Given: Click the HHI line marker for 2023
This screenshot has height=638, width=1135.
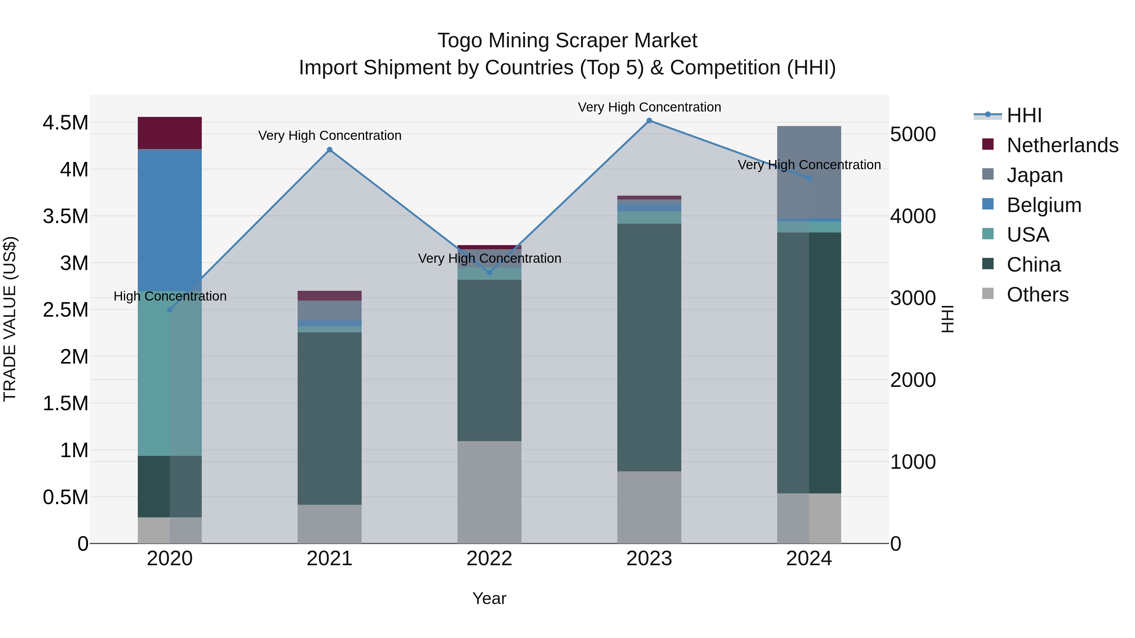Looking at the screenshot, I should [649, 121].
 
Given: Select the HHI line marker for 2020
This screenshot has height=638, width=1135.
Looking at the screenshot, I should [170, 310].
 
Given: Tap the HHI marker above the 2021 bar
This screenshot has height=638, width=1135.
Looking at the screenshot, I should [329, 150].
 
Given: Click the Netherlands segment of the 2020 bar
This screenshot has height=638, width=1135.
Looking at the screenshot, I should [170, 133].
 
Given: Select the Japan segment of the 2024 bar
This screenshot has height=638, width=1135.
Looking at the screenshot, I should [809, 172].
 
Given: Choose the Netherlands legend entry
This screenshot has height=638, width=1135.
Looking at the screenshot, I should [1062, 145].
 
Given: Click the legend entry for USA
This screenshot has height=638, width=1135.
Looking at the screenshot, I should [1027, 235].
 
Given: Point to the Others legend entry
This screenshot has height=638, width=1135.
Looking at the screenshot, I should [1037, 295].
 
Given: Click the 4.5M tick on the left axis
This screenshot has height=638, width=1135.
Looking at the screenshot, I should [65, 123].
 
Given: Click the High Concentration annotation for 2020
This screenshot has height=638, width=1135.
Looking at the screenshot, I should [170, 296].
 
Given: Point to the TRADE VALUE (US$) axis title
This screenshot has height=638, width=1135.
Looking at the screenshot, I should [10, 319].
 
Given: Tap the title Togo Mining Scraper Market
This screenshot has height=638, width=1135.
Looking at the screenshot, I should [567, 41].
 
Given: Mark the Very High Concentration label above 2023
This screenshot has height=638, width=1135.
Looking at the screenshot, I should [649, 107].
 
